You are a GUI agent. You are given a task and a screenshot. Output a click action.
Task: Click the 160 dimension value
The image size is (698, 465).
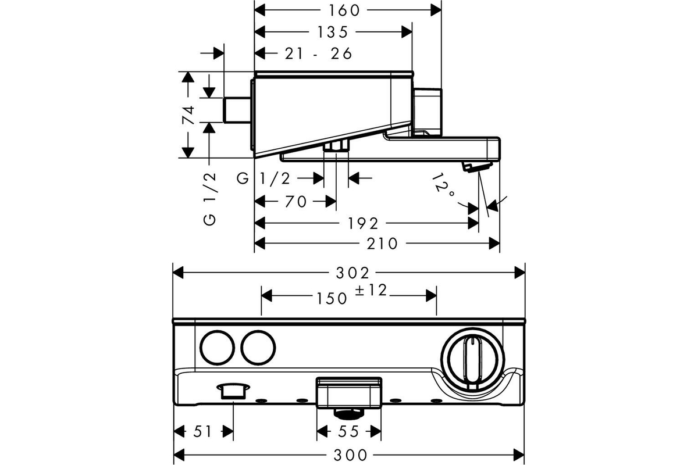pyautogui.click(x=344, y=10)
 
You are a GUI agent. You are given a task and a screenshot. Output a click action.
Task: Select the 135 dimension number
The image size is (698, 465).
pyautogui.click(x=333, y=32)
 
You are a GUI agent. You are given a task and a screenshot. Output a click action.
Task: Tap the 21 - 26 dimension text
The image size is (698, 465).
pyautogui.click(x=319, y=53)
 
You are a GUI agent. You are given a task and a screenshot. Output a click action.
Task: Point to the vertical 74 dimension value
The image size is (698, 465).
pyautogui.click(x=188, y=115)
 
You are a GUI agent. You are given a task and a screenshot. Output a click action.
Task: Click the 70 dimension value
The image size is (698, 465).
pyautogui.click(x=295, y=202)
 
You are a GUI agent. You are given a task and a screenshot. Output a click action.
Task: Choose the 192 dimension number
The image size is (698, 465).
pyautogui.click(x=363, y=223)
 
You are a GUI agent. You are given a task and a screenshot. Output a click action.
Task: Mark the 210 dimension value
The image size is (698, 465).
pyautogui.click(x=382, y=244)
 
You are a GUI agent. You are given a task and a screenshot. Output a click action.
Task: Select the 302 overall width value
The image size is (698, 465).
pyautogui.click(x=352, y=273)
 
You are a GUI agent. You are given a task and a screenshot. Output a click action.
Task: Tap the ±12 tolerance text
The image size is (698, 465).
pyautogui.click(x=371, y=290)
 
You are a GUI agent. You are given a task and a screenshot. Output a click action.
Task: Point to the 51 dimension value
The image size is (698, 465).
pyautogui.click(x=202, y=432)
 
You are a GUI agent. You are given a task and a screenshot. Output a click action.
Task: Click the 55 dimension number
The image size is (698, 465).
pyautogui.click(x=348, y=432)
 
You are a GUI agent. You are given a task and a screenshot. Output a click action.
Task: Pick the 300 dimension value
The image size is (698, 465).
pyautogui.click(x=351, y=455)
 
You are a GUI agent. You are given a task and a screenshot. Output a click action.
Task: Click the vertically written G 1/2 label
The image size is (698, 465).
pyautogui.click(x=209, y=199)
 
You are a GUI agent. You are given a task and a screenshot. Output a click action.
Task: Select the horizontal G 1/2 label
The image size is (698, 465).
pyautogui.click(x=263, y=179)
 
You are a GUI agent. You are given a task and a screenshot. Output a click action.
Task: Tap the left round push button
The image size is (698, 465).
pyautogui.click(x=217, y=347)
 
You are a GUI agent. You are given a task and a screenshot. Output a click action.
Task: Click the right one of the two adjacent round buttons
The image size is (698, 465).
pyautogui.click(x=258, y=347)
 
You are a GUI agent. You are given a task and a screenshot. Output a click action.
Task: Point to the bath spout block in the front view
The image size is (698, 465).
pyautogui.click(x=349, y=392)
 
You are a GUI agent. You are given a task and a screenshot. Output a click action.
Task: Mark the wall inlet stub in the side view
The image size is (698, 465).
pyautogui.click(x=237, y=110)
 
